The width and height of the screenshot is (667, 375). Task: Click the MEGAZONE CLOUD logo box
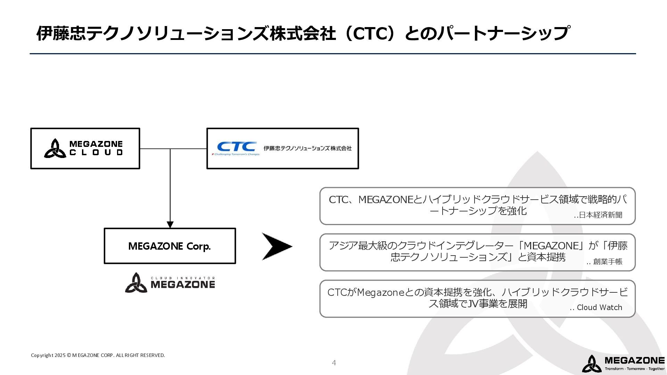85,149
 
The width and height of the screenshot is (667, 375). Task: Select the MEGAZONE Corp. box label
170,246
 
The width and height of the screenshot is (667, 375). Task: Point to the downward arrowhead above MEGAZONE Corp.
170,224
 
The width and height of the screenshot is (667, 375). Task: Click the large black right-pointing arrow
277,247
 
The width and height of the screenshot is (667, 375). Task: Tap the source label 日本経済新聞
600,215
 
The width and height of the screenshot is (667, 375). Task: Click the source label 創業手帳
607,261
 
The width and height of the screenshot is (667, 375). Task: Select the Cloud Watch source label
599,308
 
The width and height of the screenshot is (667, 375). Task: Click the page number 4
334,363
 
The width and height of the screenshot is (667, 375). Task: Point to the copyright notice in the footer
98,355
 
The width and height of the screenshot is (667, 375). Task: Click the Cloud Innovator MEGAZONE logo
170,283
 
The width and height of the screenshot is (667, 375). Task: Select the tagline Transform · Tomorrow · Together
634,369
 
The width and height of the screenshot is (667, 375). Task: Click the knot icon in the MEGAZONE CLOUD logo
55,149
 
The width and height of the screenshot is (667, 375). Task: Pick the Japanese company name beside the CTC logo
307,148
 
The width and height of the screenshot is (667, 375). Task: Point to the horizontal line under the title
333,54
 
